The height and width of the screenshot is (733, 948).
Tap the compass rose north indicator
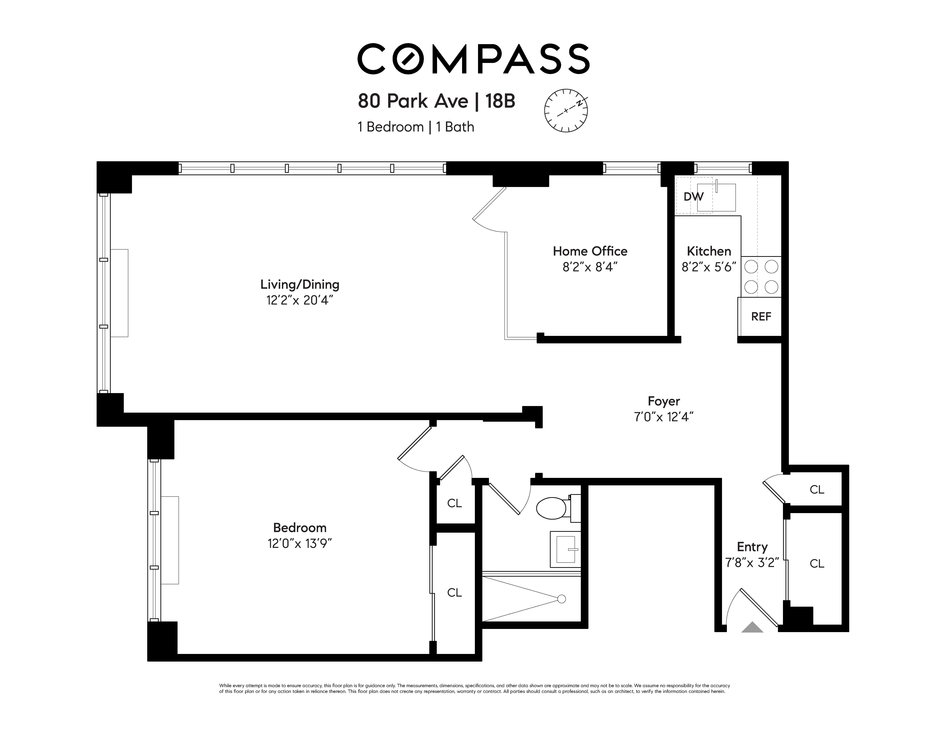point(566,111)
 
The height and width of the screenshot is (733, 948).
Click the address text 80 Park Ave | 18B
point(436,101)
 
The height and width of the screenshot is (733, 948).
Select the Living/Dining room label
point(299,285)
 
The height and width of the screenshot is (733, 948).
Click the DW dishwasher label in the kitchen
point(693,197)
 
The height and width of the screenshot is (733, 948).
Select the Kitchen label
point(709,251)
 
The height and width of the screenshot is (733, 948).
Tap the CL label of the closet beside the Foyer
point(816,490)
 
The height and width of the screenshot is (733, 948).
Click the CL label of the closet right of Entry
point(816,563)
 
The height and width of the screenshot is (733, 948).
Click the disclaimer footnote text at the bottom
point(474,689)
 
